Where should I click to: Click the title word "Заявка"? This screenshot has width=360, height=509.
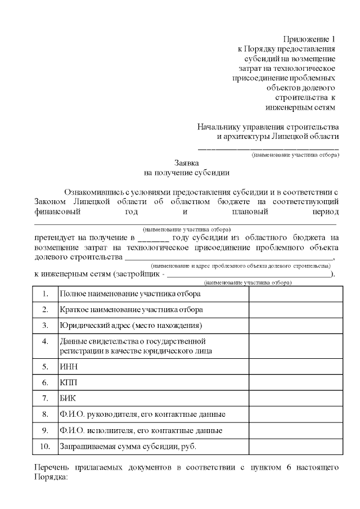(x=186, y=163)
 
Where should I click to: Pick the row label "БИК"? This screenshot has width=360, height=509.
(x=67, y=398)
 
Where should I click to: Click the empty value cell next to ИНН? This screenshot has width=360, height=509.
(x=295, y=367)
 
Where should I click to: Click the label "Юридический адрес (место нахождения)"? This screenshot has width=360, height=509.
(x=130, y=326)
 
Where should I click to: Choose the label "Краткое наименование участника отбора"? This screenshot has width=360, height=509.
(x=132, y=310)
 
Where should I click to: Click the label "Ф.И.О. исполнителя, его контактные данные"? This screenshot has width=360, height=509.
(x=141, y=431)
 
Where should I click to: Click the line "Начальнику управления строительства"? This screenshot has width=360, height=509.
(x=268, y=126)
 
